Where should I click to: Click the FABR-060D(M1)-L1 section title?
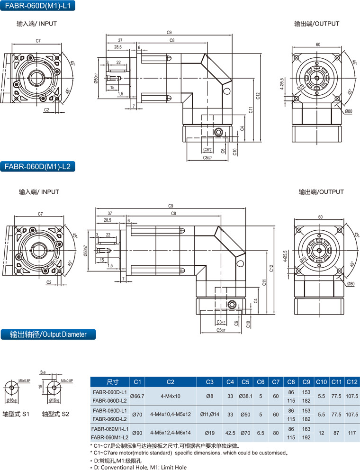(x=36, y=6)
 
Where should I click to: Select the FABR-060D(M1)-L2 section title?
(x=36, y=167)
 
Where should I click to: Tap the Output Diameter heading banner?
(x=48, y=334)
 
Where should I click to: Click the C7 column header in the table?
(x=276, y=381)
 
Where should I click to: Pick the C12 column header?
(x=351, y=381)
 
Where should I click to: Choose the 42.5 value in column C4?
(x=230, y=433)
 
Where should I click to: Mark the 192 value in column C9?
(x=306, y=438)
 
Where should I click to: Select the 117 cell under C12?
(x=351, y=433)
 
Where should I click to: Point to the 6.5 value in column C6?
(x=261, y=433)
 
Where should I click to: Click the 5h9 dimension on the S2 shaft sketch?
(x=43, y=373)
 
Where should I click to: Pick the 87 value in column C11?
(x=336, y=433)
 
